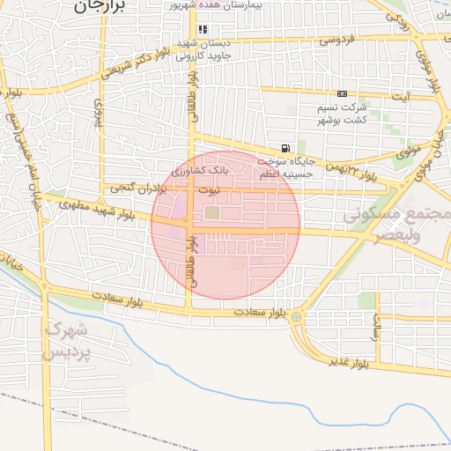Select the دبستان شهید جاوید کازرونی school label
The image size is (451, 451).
(x=203, y=49)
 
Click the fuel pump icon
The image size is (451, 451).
(x=284, y=148)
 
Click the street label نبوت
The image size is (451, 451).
(x=208, y=189)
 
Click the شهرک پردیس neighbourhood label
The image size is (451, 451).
(x=66, y=342)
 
